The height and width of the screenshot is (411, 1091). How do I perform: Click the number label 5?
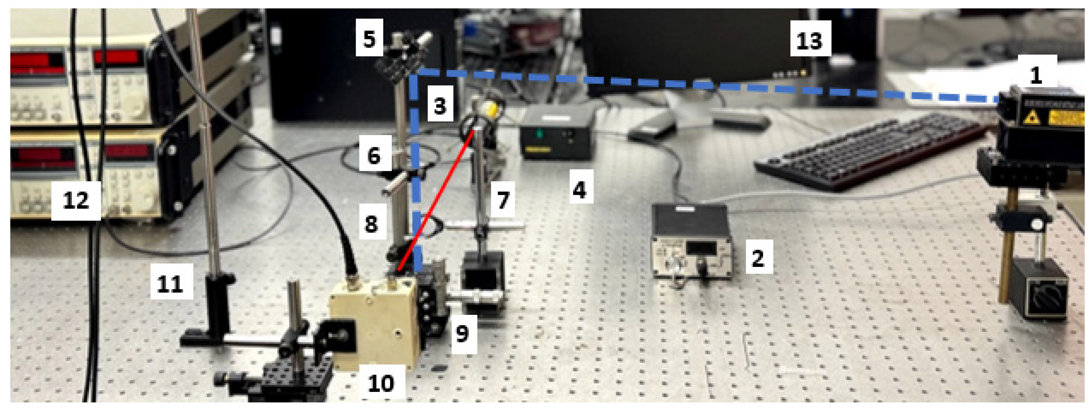pos(369,39)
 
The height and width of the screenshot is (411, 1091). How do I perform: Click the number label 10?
pos(381,383)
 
